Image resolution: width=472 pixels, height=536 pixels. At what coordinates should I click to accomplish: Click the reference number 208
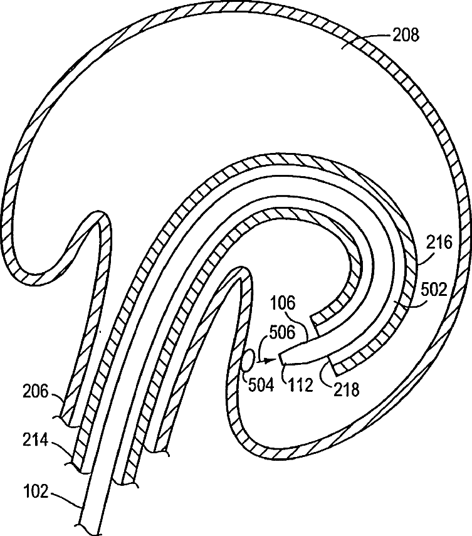point(406,35)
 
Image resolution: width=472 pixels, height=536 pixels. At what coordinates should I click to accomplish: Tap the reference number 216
point(439,243)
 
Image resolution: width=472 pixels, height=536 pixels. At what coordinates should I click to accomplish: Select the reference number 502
point(434,290)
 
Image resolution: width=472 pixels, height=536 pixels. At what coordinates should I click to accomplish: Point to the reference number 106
point(283,304)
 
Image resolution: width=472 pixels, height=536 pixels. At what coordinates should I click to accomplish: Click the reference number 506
point(282,333)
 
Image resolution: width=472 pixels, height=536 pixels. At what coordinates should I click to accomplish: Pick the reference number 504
point(261,386)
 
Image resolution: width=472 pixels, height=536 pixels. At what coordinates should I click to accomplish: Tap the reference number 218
point(347,390)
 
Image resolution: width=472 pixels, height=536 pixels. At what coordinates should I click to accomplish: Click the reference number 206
point(36,392)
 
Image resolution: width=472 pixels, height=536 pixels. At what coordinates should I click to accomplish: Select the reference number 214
point(36,440)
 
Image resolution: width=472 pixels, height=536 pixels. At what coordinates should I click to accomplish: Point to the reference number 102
point(36,492)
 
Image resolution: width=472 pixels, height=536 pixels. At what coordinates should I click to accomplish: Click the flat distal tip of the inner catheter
point(282,359)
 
